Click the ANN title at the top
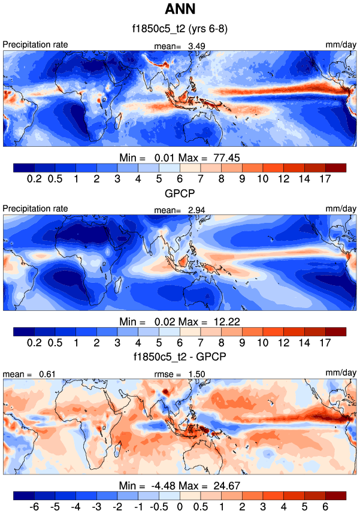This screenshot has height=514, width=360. tap(180, 10)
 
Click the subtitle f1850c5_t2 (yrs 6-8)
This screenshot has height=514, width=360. tap(180, 29)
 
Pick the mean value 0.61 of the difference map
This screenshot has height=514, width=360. tap(47, 374)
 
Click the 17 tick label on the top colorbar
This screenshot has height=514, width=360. tap(326, 179)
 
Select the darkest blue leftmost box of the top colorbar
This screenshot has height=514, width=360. tap(23, 168)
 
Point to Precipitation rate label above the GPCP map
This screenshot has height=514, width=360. tap(35, 208)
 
